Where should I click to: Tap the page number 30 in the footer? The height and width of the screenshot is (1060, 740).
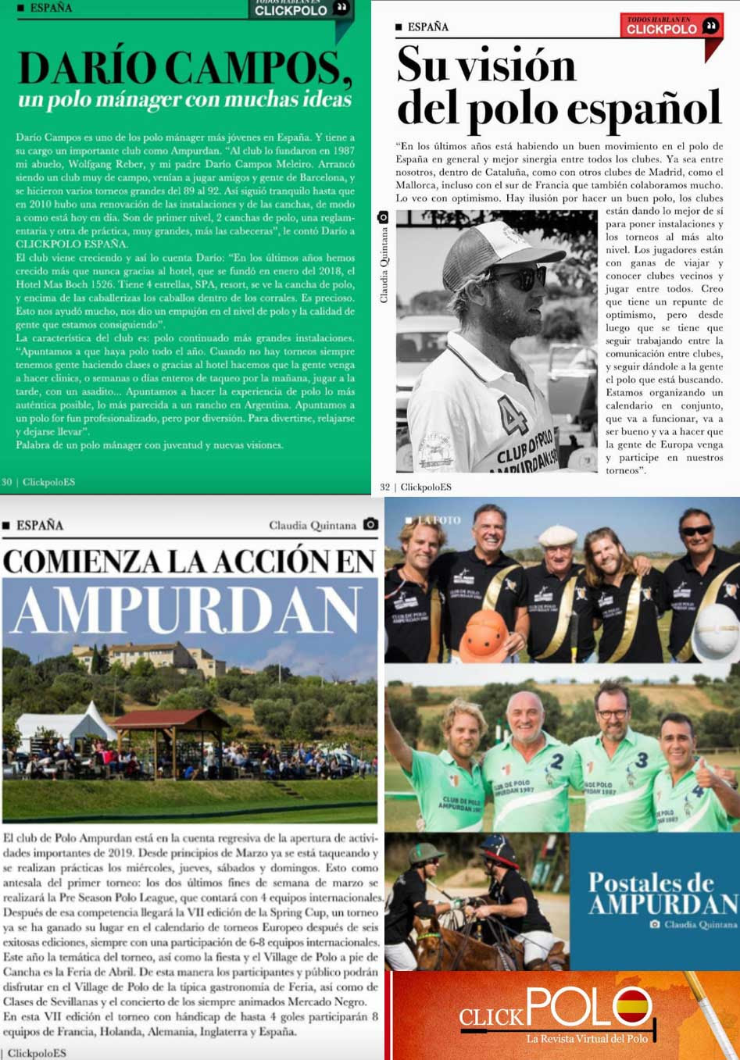[7, 482]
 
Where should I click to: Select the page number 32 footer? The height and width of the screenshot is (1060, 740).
[385, 487]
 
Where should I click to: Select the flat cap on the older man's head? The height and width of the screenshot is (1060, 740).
[558, 535]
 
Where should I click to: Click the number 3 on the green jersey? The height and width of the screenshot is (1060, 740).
[641, 759]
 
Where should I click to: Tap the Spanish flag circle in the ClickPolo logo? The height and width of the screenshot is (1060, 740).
[634, 1005]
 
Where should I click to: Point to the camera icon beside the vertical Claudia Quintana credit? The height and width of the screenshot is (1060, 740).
[383, 217]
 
